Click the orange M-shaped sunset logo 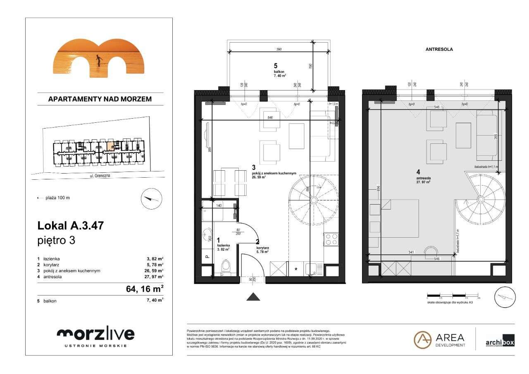click(99, 58)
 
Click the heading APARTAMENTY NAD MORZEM click(100, 99)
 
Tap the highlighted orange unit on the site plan click(110, 146)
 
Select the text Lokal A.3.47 click(70, 226)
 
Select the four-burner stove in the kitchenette click(331, 240)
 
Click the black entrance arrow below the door click(253, 296)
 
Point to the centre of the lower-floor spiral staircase click(314, 200)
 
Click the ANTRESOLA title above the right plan click(439, 49)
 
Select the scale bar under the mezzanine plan click(453, 295)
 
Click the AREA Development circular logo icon click(422, 340)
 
